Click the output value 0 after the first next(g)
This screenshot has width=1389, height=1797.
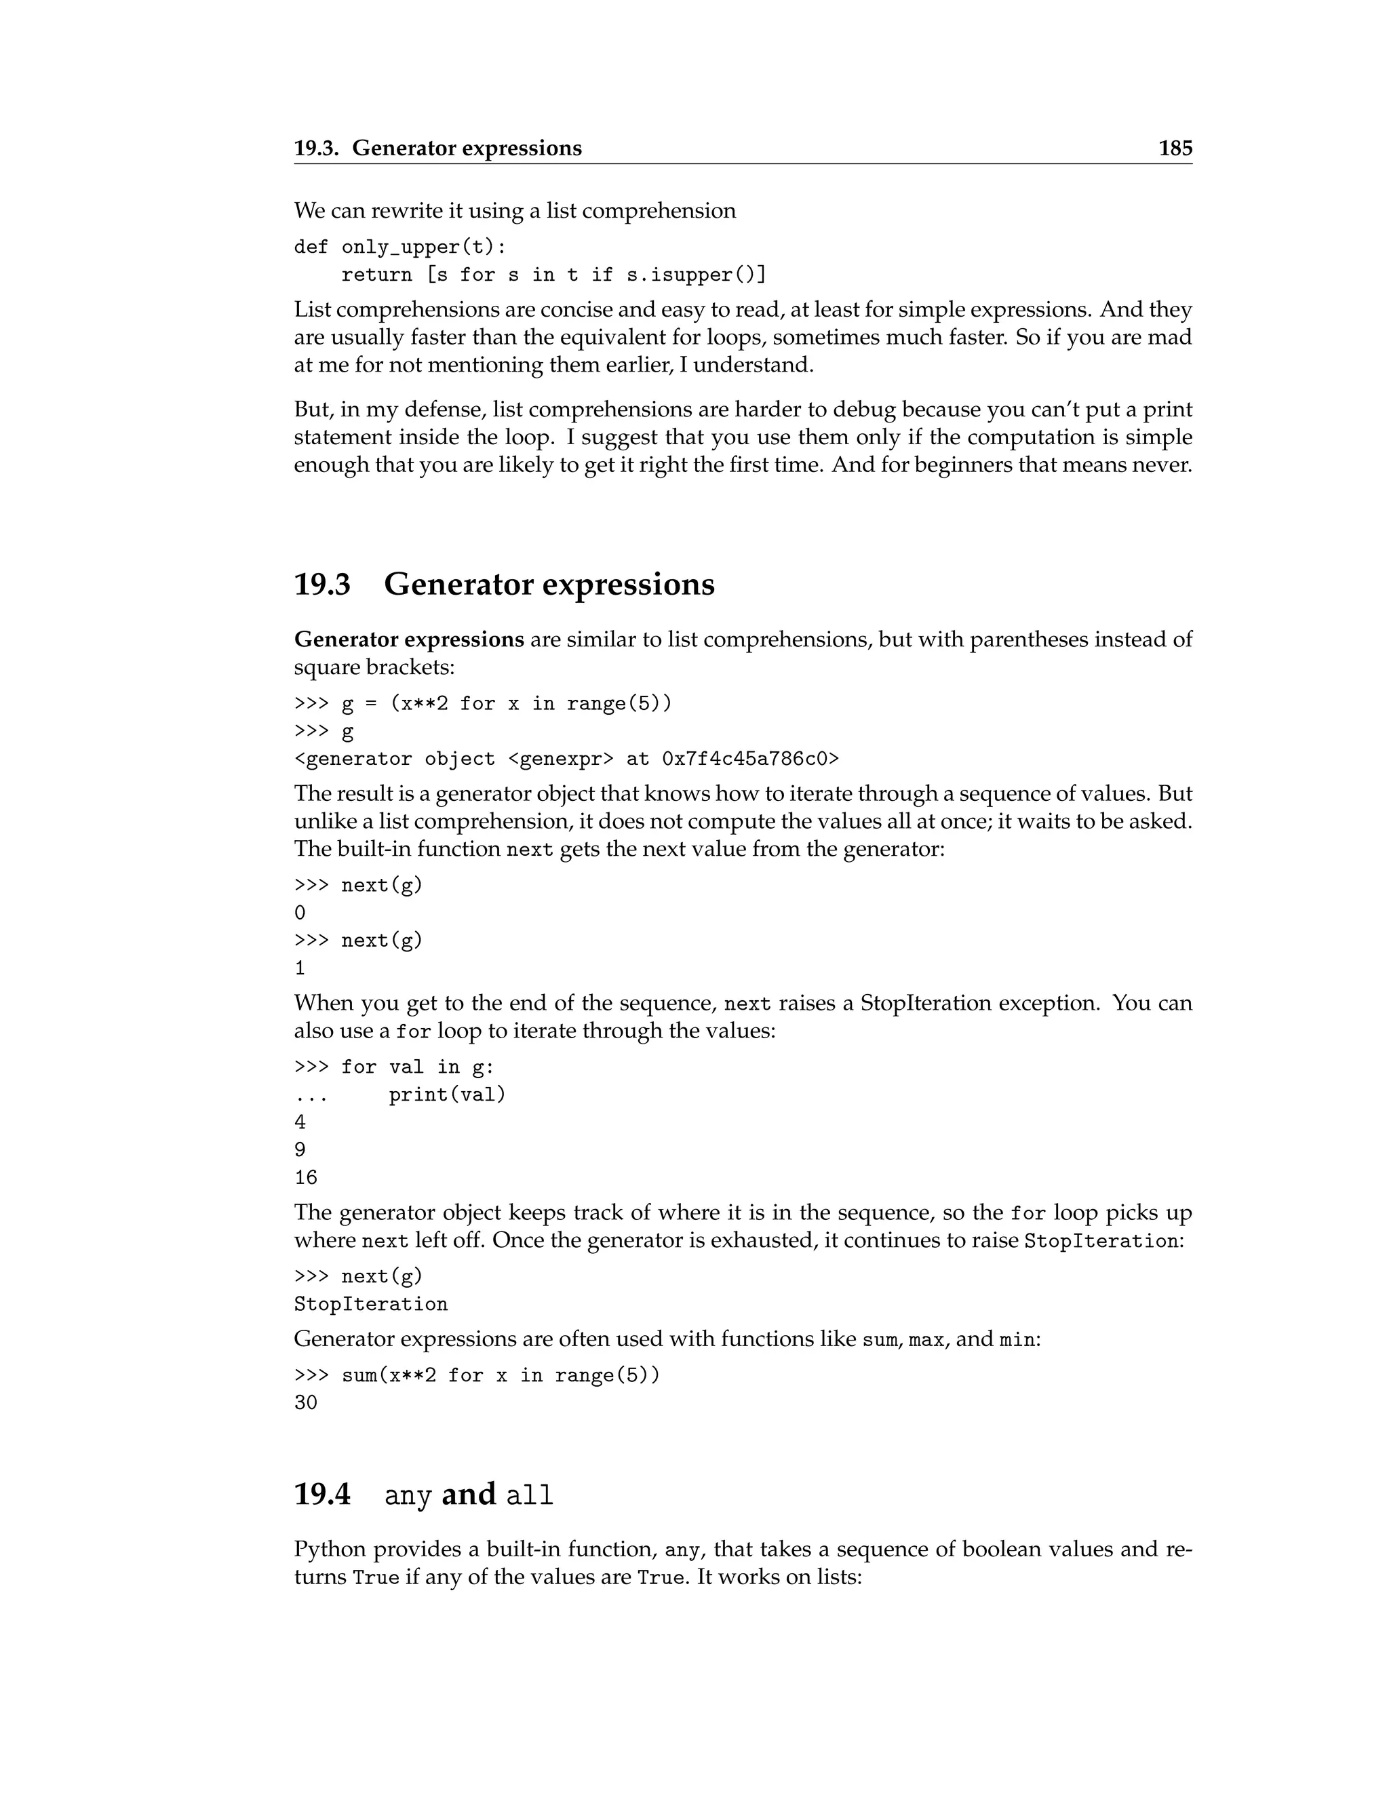(300, 913)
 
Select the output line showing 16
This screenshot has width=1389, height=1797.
(305, 1177)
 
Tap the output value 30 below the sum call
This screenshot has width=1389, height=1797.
(305, 1403)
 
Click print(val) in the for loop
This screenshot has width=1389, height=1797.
(447, 1094)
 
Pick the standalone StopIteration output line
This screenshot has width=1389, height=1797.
(370, 1304)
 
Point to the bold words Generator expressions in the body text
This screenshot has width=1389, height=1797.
(409, 639)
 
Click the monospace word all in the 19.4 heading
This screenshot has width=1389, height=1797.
(529, 1496)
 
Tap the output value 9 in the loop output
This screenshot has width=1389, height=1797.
(300, 1149)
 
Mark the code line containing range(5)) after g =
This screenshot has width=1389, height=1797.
(483, 703)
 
